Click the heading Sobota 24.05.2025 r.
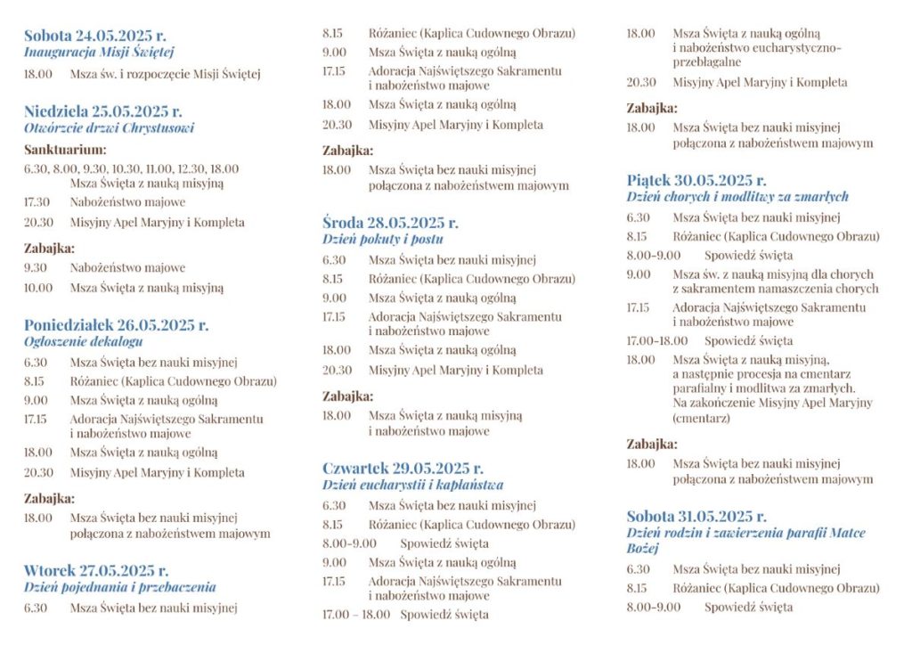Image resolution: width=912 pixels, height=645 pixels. [x=94, y=37]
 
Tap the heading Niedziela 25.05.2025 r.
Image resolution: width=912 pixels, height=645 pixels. [x=102, y=112]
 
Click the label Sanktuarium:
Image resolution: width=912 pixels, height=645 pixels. [x=65, y=150]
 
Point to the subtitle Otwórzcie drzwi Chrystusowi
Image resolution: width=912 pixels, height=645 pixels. [x=109, y=128]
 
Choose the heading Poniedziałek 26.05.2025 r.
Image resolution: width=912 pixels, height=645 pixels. [x=116, y=325]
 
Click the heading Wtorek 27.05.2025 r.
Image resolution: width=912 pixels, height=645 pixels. [x=96, y=571]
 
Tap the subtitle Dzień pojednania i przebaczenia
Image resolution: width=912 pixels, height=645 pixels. [x=119, y=587]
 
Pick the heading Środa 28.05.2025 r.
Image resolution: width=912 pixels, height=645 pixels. [x=390, y=223]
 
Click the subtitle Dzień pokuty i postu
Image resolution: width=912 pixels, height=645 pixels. [x=383, y=239]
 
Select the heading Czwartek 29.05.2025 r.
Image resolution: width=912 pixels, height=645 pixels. [x=403, y=469]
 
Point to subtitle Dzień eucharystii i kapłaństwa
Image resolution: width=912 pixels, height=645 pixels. [x=412, y=485]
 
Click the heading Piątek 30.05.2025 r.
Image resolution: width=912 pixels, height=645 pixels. [x=696, y=180]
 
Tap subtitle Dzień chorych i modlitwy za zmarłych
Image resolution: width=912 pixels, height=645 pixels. [x=737, y=196]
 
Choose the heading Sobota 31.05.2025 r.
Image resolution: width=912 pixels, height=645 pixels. [x=696, y=517]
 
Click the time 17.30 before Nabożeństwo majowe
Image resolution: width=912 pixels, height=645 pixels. [x=37, y=202]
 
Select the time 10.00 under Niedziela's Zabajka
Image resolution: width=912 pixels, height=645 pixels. [x=38, y=288]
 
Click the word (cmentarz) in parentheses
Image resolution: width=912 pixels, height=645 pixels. [x=702, y=417]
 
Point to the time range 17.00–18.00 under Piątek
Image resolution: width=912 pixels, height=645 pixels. [x=658, y=340]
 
